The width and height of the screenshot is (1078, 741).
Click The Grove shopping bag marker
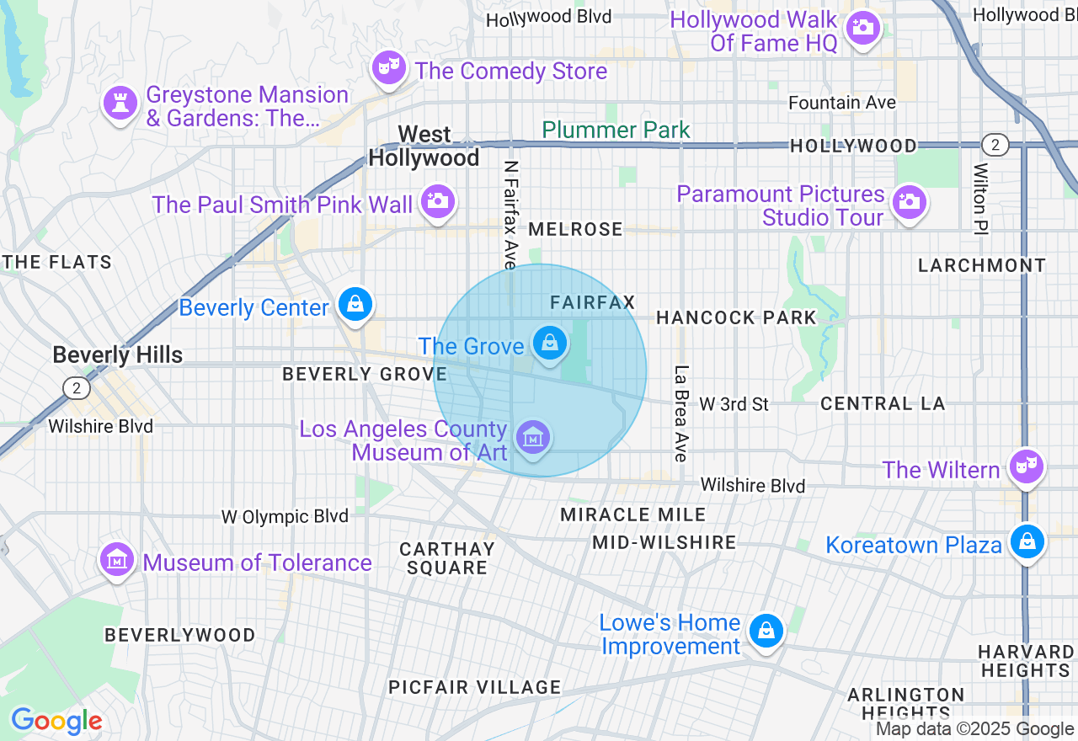pyautogui.click(x=550, y=344)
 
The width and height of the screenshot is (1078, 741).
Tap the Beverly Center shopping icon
pyautogui.click(x=355, y=304)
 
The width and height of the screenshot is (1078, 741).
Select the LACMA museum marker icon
pyautogui.click(x=533, y=438)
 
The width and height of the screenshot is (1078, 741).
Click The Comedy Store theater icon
pyautogui.click(x=389, y=69)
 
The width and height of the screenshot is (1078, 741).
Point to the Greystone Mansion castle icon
pyautogui.click(x=120, y=104)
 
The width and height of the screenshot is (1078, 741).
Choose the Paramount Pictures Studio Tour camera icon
pyautogui.click(x=909, y=203)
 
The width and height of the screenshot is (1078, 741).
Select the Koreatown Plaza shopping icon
pyautogui.click(x=1027, y=541)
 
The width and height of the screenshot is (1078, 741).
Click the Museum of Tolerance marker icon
pyautogui.click(x=116, y=559)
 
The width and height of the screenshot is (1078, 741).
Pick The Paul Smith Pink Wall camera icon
pyautogui.click(x=437, y=201)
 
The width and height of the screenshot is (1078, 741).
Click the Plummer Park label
pyautogui.click(x=616, y=130)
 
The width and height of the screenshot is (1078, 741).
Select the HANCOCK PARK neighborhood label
pyautogui.click(x=736, y=317)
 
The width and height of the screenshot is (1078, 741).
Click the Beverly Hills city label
pyautogui.click(x=117, y=355)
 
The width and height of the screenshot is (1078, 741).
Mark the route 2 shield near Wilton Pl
pyautogui.click(x=995, y=145)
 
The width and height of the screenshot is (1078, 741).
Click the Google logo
pyautogui.click(x=56, y=721)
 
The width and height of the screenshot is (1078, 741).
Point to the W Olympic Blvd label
pyautogui.click(x=285, y=516)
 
